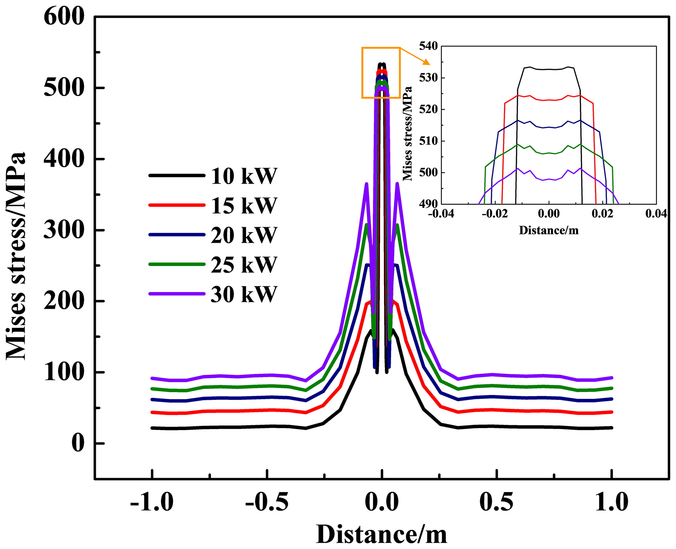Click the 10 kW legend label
tap(244, 176)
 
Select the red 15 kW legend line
tap(177, 205)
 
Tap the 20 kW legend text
tap(244, 235)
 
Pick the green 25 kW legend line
tap(177, 264)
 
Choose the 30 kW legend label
tap(244, 294)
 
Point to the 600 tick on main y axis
tap(64, 17)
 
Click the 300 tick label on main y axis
tap(64, 230)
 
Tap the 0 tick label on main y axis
tap(78, 443)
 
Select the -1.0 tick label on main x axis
tap(152, 502)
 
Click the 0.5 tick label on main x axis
tap(496, 502)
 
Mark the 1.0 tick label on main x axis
tap(611, 502)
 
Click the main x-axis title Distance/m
tap(381, 535)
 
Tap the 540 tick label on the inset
tap(428, 46)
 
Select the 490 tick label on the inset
tap(428, 204)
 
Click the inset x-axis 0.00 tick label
tap(548, 214)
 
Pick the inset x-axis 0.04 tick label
tap(656, 214)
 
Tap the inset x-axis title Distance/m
tap(548, 230)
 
